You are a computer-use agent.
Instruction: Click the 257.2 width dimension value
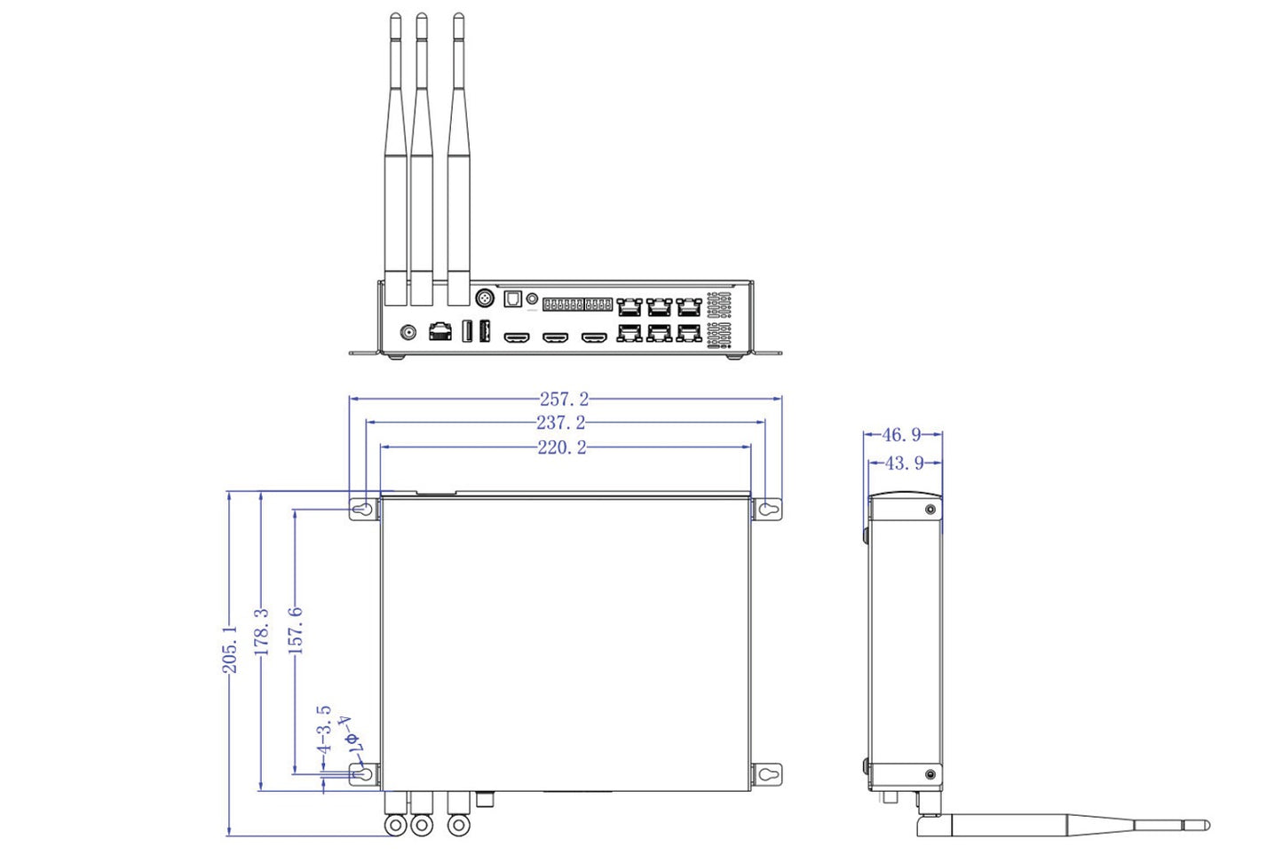pos(564,400)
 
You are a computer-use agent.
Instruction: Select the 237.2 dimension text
pos(560,424)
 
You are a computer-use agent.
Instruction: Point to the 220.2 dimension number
pos(562,447)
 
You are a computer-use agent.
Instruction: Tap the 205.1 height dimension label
pos(230,648)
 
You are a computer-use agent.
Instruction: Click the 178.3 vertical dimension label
pos(261,632)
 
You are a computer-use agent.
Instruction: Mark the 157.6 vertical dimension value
pos(296,630)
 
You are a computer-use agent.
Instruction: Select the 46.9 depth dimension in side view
pos(901,435)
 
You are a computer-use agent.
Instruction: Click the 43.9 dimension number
pos(904,463)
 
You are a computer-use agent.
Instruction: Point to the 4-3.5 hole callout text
pos(324,730)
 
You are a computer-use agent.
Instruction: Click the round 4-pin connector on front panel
pos(486,298)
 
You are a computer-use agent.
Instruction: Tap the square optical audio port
pos(512,299)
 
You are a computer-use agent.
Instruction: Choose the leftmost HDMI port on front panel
pos(516,337)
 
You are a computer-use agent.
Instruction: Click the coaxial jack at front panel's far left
pos(408,333)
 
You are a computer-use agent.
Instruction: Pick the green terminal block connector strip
pos(577,304)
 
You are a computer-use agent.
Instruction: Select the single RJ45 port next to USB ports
pos(440,332)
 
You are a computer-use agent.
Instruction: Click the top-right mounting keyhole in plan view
pos(768,510)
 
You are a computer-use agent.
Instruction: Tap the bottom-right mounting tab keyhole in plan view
pos(767,774)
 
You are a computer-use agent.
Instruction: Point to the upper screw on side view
pos(930,510)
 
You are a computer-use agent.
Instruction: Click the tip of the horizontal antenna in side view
pos(1205,826)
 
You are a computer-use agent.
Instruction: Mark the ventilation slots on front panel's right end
pos(719,320)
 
